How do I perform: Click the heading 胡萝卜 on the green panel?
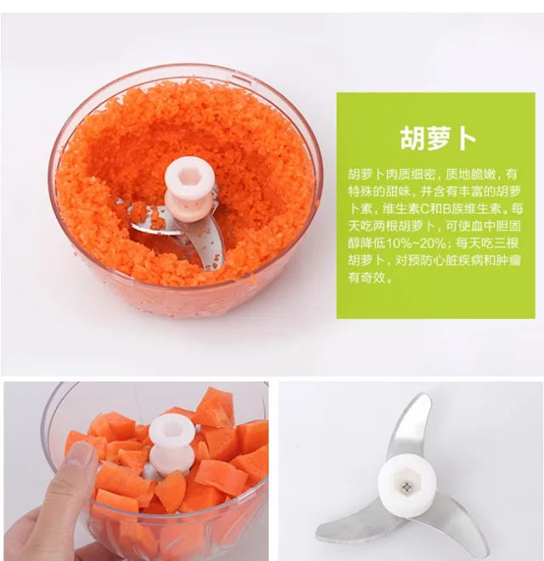click(x=438, y=138)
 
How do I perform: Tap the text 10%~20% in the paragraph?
click(x=415, y=243)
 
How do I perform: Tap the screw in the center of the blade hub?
click(x=405, y=486)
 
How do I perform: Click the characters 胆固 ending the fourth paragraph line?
click(x=507, y=226)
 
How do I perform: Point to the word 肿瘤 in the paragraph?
click(x=507, y=260)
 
